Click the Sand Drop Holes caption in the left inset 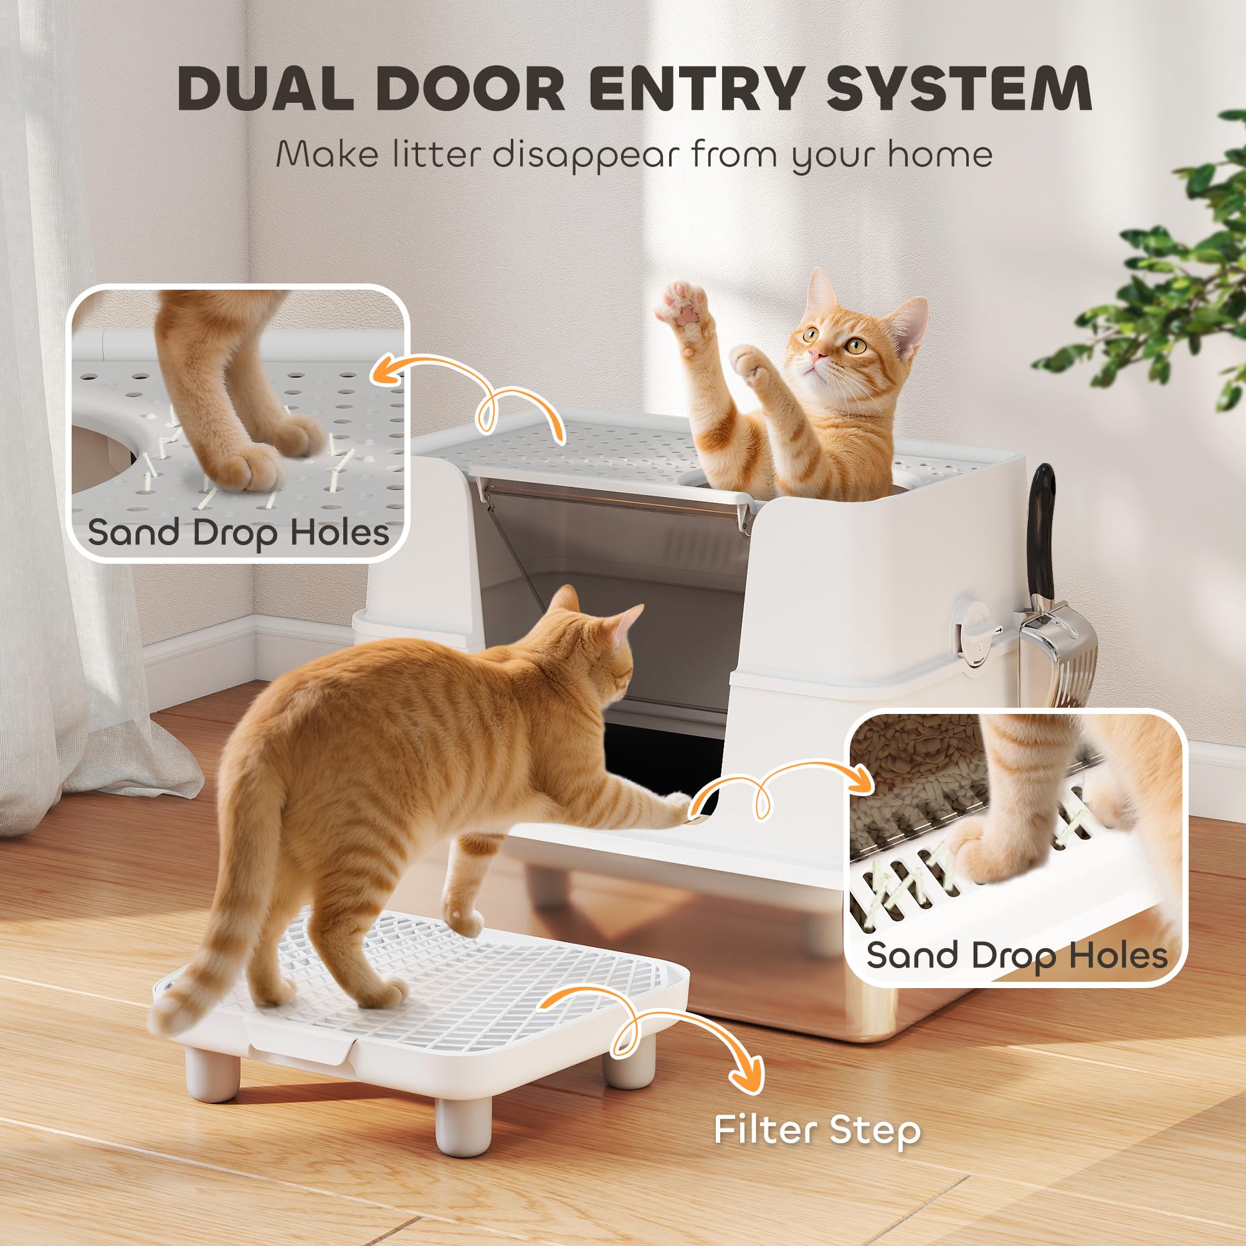(238, 533)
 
